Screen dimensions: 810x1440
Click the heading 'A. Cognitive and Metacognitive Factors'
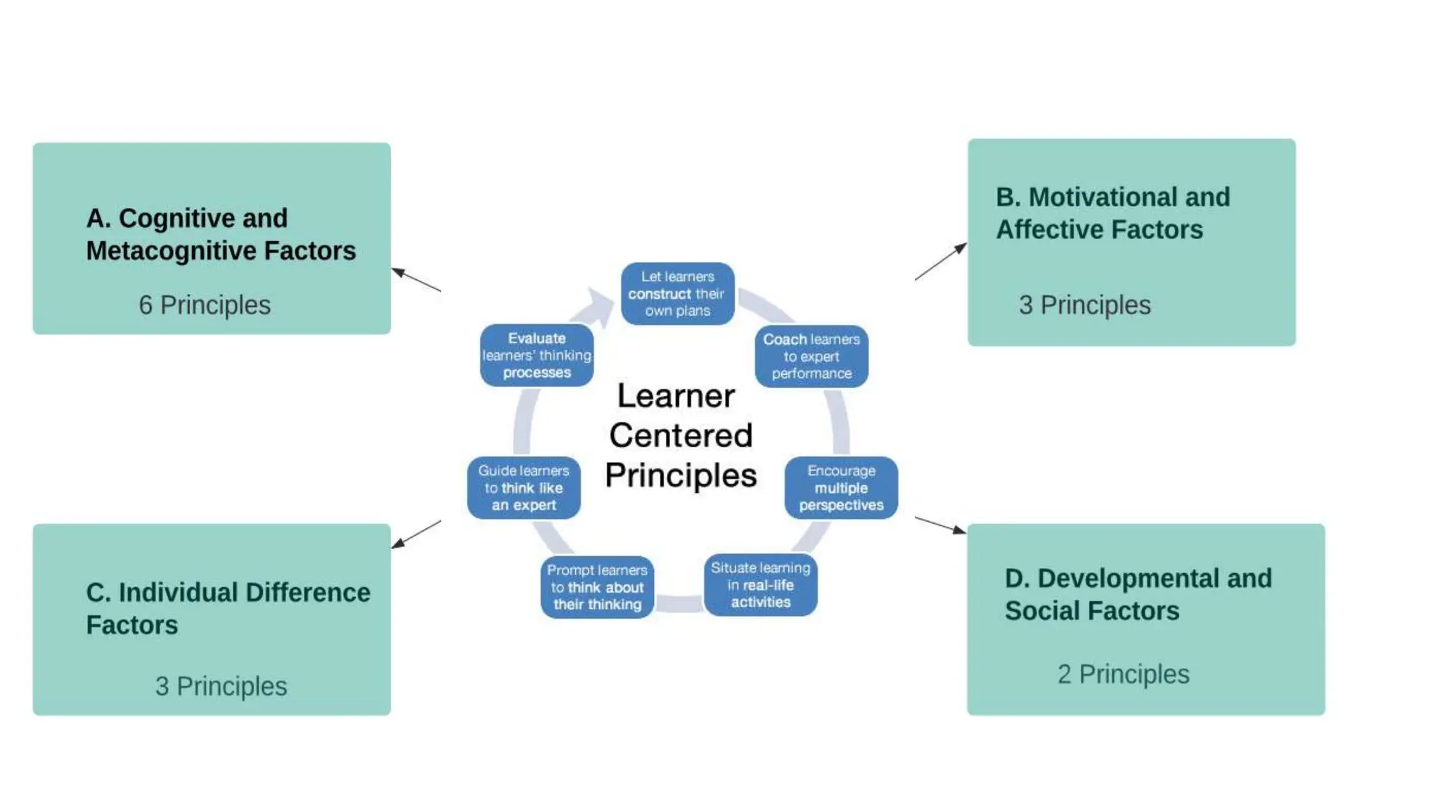[221, 234]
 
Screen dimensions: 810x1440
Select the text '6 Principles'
[205, 305]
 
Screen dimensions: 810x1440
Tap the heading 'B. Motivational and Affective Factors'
[1112, 213]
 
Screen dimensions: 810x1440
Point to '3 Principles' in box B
[1084, 305]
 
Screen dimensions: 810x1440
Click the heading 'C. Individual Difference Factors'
[228, 608]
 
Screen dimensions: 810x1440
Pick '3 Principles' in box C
[221, 686]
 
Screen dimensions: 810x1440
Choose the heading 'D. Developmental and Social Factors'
[1138, 594]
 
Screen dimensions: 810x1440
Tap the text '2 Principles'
[1123, 674]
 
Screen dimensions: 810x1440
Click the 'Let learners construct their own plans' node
[677, 294]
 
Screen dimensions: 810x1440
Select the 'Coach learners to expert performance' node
[811, 356]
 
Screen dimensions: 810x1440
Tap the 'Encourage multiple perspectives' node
[841, 488]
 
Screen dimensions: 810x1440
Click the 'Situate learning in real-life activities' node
[760, 585]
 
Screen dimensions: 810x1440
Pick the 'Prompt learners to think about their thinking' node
[597, 587]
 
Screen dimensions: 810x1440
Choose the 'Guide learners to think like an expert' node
[524, 488]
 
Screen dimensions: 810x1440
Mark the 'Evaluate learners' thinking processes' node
[536, 356]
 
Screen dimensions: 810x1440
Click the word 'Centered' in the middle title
[681, 435]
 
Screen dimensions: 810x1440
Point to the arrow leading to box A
[416, 280]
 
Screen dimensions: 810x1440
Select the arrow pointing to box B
[941, 262]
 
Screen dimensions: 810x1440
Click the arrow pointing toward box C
[416, 534]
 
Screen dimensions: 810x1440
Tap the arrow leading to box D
[941, 525]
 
